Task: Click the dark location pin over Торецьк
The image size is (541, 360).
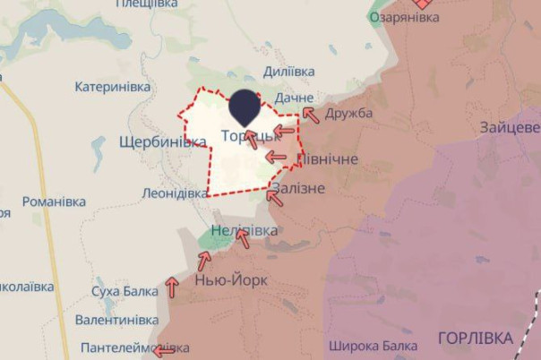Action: click(245, 107)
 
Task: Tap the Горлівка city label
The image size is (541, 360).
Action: click(476, 339)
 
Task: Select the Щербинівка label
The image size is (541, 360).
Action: click(162, 142)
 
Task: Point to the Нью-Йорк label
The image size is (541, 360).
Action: click(230, 280)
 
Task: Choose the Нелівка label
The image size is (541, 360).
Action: click(244, 232)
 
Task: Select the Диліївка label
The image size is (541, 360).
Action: click(288, 72)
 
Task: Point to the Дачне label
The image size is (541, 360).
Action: click(295, 97)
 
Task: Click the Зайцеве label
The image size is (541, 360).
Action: click(510, 126)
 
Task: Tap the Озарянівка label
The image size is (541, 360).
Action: click(403, 18)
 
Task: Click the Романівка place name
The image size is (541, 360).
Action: click(54, 202)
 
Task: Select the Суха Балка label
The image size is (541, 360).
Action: click(125, 292)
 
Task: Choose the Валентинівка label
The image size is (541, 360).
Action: click(116, 320)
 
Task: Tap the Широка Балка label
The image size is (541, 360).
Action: click(373, 346)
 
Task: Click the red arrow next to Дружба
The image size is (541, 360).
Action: click(310, 114)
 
